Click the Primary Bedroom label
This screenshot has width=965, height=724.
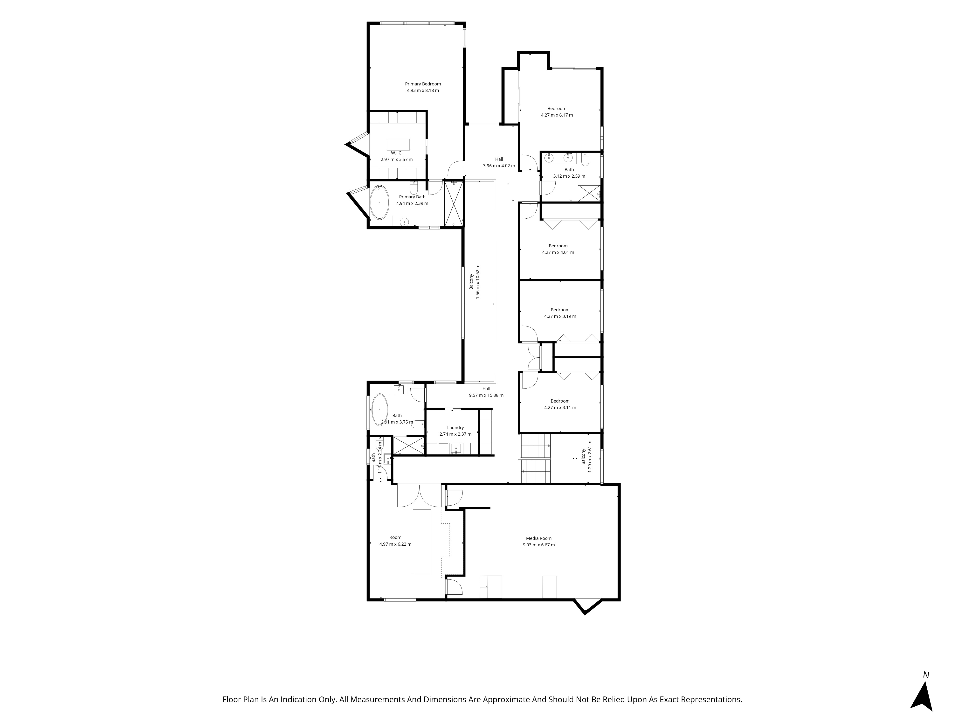(x=423, y=84)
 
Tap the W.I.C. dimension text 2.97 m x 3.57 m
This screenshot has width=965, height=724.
(x=397, y=159)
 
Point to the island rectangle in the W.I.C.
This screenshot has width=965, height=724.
(x=398, y=145)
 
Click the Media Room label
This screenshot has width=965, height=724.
(x=539, y=538)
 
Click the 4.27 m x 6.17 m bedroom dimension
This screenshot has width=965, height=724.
(x=557, y=115)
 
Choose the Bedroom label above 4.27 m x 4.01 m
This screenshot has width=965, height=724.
(x=558, y=246)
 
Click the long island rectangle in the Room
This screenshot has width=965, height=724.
(x=422, y=541)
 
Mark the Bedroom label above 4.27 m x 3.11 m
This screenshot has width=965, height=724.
(x=560, y=401)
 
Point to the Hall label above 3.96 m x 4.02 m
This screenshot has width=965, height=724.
(x=499, y=159)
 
